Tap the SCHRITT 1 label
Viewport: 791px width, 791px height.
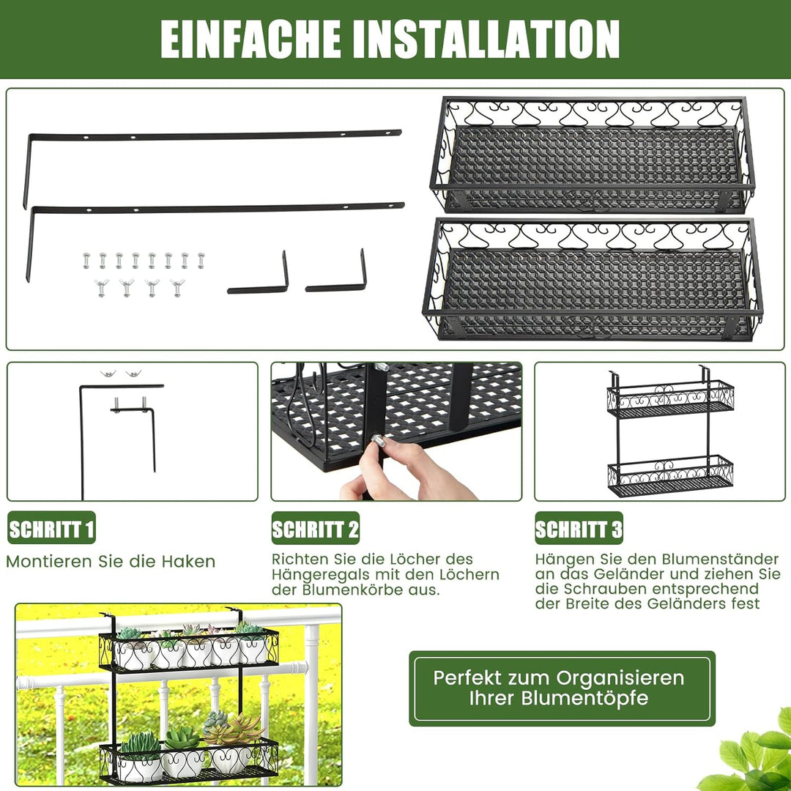pyautogui.click(x=51, y=529)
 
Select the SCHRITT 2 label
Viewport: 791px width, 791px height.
pyautogui.click(x=316, y=529)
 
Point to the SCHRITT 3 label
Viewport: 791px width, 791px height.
pyautogui.click(x=579, y=529)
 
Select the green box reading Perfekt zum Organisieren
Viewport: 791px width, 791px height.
pyautogui.click(x=562, y=688)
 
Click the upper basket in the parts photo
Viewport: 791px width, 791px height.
pyautogui.click(x=592, y=156)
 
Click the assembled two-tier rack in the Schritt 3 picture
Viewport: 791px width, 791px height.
pyautogui.click(x=669, y=433)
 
